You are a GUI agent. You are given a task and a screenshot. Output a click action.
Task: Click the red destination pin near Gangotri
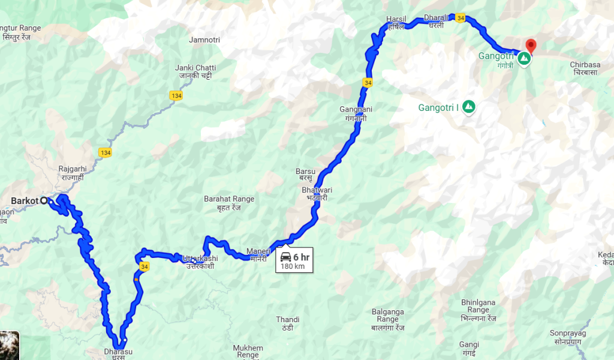[530, 46]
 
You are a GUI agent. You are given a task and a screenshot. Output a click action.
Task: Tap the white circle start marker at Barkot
[44, 201]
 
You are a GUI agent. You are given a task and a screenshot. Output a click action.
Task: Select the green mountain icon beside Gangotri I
[469, 107]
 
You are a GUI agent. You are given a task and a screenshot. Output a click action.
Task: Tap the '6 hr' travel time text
[301, 257]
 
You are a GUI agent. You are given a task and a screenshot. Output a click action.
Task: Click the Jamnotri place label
[204, 40]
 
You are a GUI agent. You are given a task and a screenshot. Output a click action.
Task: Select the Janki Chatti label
[195, 68]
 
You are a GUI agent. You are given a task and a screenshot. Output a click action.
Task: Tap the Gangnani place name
[356, 110]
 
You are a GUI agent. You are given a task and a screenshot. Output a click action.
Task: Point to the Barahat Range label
[229, 199]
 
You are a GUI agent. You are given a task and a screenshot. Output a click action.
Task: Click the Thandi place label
[287, 319]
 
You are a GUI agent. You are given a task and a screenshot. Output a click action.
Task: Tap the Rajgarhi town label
[73, 169]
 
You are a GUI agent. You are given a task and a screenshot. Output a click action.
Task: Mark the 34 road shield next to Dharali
[459, 19]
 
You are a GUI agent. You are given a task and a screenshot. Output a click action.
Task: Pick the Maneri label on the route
[259, 251]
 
